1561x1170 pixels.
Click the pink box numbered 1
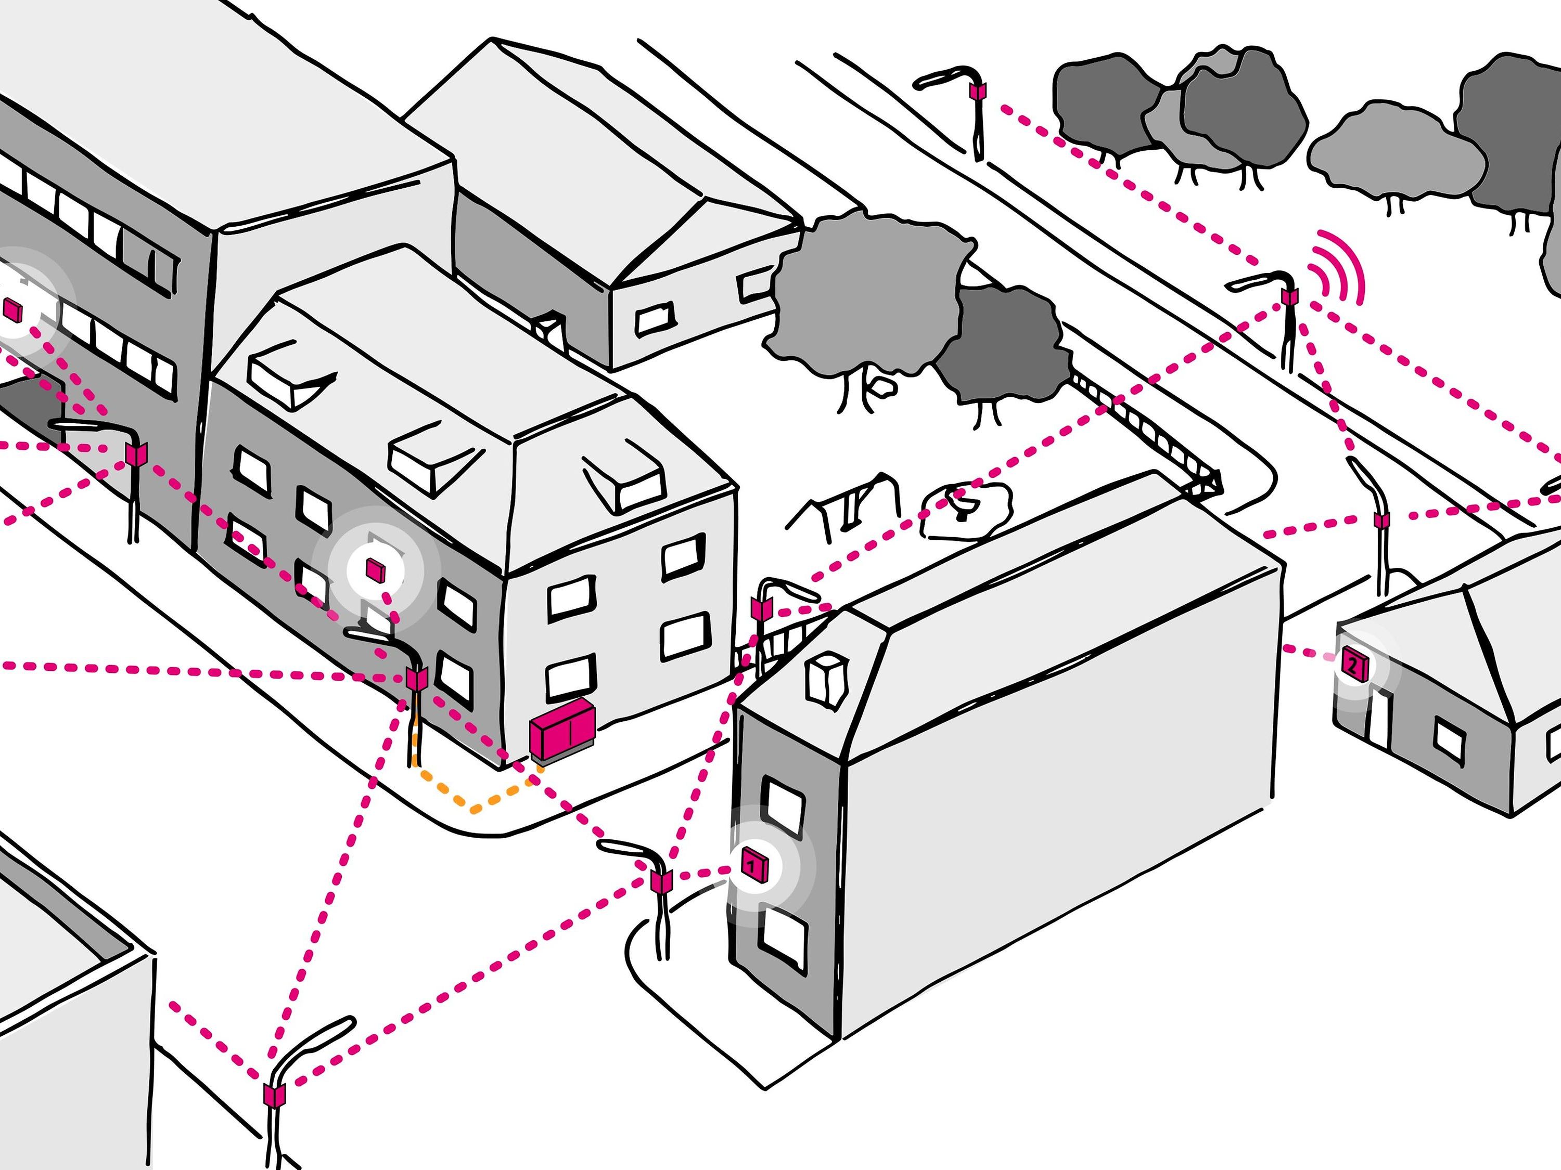(753, 865)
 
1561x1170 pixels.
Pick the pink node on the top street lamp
(979, 92)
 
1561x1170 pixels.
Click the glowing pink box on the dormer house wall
(375, 568)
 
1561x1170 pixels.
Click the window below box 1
(783, 940)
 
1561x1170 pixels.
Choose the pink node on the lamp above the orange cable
(416, 679)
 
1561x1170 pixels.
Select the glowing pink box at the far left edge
(12, 309)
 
